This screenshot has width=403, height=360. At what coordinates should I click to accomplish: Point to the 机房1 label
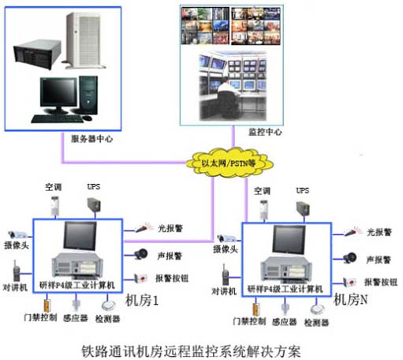click(x=143, y=301)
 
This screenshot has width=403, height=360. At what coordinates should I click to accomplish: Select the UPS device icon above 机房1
click(x=94, y=204)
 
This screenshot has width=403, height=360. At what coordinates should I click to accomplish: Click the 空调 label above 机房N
click(x=262, y=192)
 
